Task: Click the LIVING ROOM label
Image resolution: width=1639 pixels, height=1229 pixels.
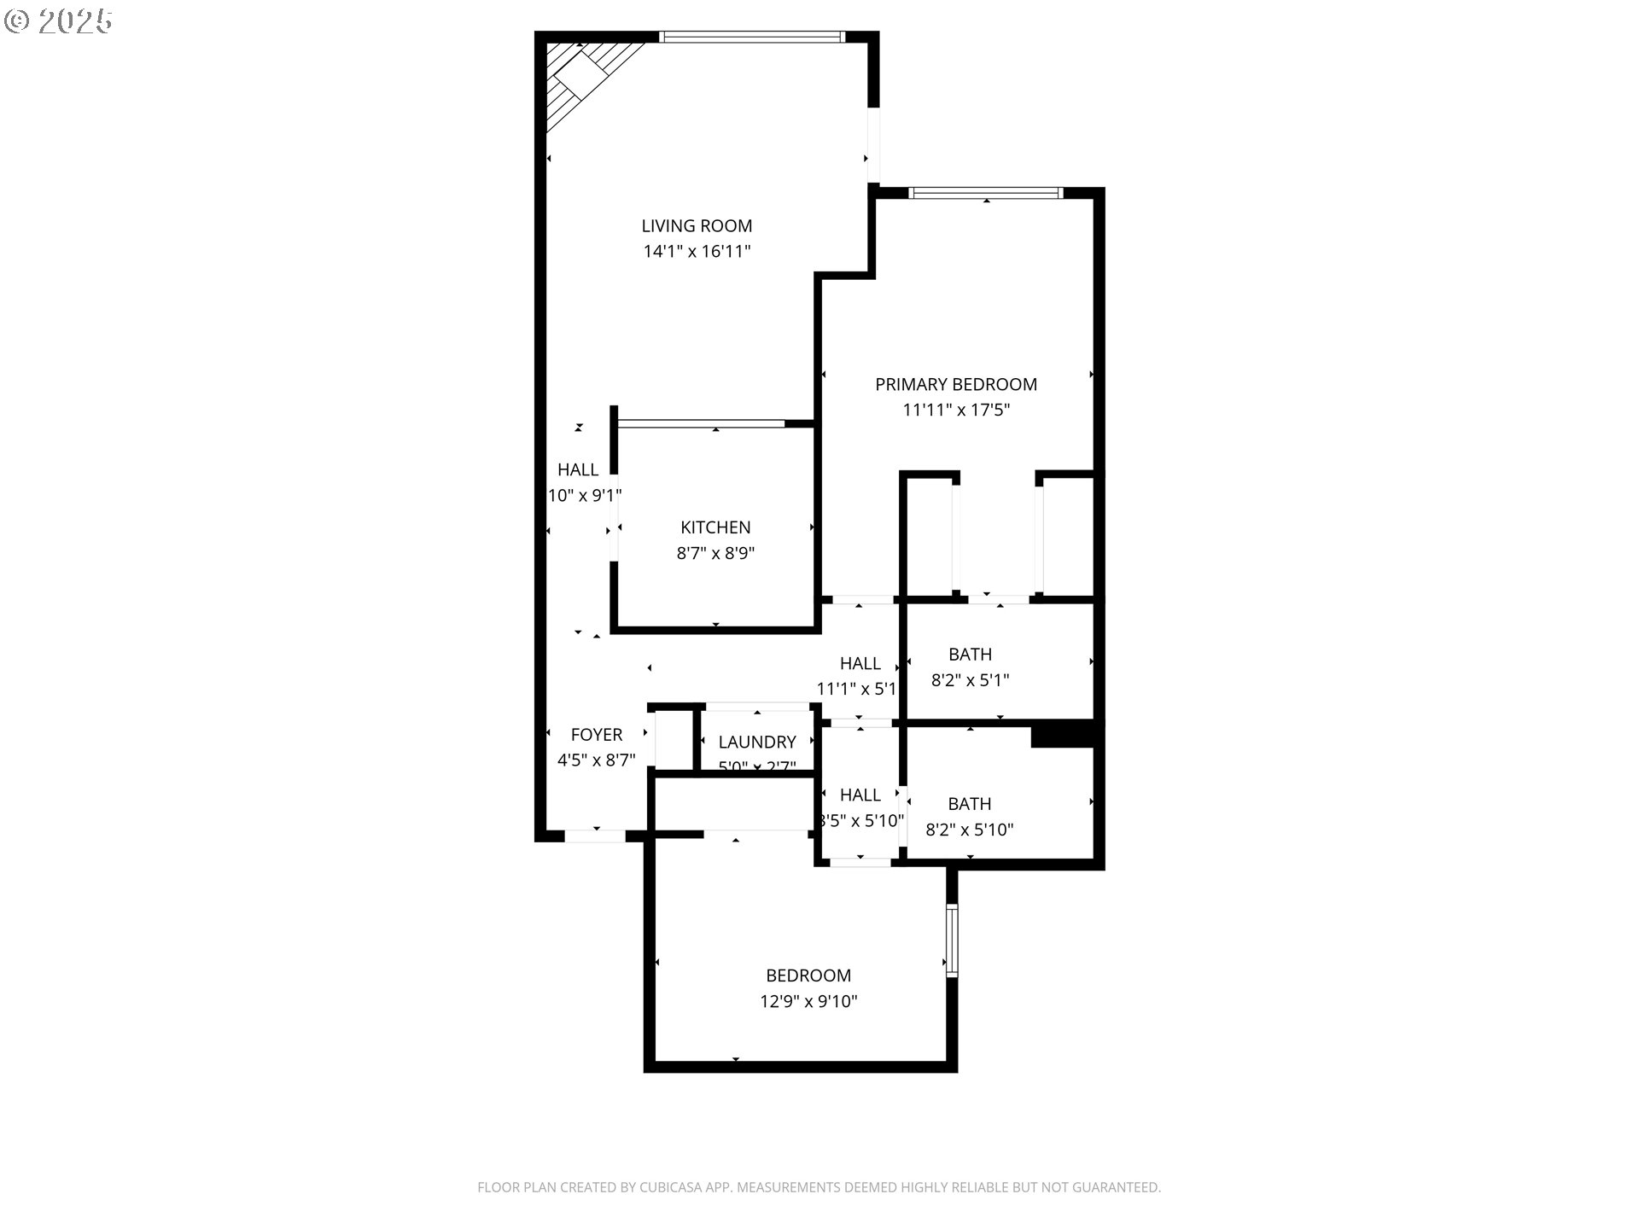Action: pyautogui.click(x=697, y=226)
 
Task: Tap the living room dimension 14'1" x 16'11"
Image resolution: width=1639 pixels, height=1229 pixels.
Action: pyautogui.click(x=697, y=252)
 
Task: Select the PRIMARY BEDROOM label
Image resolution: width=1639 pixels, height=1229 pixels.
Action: pyautogui.click(x=956, y=385)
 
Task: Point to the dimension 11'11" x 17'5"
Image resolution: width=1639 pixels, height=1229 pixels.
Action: pyautogui.click(x=956, y=411)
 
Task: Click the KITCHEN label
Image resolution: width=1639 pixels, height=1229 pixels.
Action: pyautogui.click(x=715, y=528)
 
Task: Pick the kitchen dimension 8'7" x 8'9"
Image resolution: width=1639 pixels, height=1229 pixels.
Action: pyautogui.click(x=715, y=554)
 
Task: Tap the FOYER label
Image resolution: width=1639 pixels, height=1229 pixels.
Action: pyautogui.click(x=597, y=735)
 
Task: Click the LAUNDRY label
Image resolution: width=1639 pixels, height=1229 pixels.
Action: pyautogui.click(x=757, y=743)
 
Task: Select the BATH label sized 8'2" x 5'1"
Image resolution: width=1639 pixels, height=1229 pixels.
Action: pyautogui.click(x=970, y=655)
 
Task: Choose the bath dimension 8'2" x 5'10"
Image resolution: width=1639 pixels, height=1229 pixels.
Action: pyautogui.click(x=970, y=830)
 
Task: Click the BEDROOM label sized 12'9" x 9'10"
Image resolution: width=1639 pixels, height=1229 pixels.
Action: pyautogui.click(x=808, y=976)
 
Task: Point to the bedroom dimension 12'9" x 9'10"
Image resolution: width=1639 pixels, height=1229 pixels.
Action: pyautogui.click(x=808, y=1001)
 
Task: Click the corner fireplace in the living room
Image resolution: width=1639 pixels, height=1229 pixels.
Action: pyautogui.click(x=584, y=77)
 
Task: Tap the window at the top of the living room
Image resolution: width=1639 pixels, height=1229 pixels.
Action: pyautogui.click(x=752, y=37)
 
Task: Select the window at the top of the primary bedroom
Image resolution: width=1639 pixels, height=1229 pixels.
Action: pyautogui.click(x=986, y=193)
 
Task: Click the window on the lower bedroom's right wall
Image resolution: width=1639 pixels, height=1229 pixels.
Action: pyautogui.click(x=952, y=941)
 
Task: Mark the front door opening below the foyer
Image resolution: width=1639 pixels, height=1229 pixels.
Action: pyautogui.click(x=596, y=836)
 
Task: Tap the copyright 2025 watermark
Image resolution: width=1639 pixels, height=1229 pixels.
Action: pyautogui.click(x=58, y=21)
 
